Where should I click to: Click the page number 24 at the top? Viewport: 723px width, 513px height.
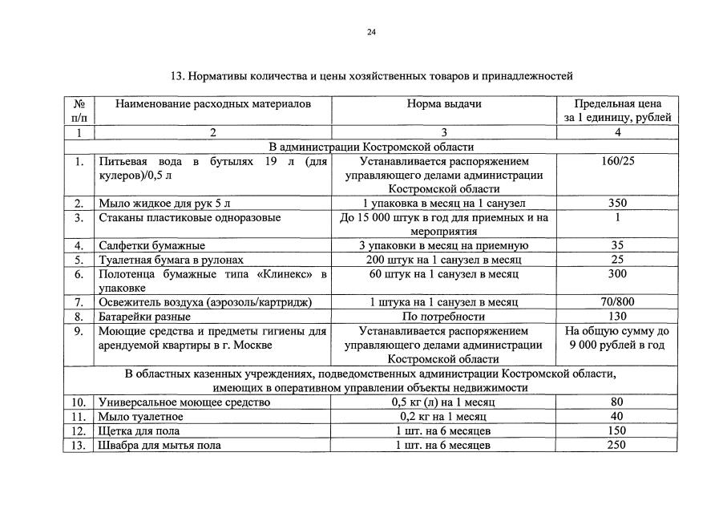click(370, 32)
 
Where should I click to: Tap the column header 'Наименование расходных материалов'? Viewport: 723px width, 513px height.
click(212, 104)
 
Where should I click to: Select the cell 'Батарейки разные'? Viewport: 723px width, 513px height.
click(144, 316)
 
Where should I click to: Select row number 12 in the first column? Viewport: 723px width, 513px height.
click(78, 430)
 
